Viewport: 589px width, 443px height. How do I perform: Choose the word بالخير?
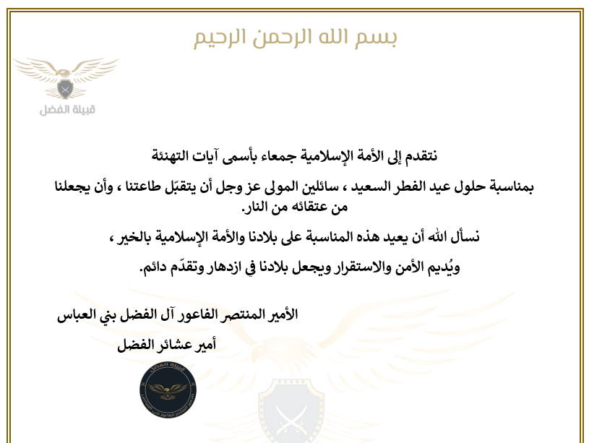tap(142, 238)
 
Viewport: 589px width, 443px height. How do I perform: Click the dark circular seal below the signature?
tap(167, 395)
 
